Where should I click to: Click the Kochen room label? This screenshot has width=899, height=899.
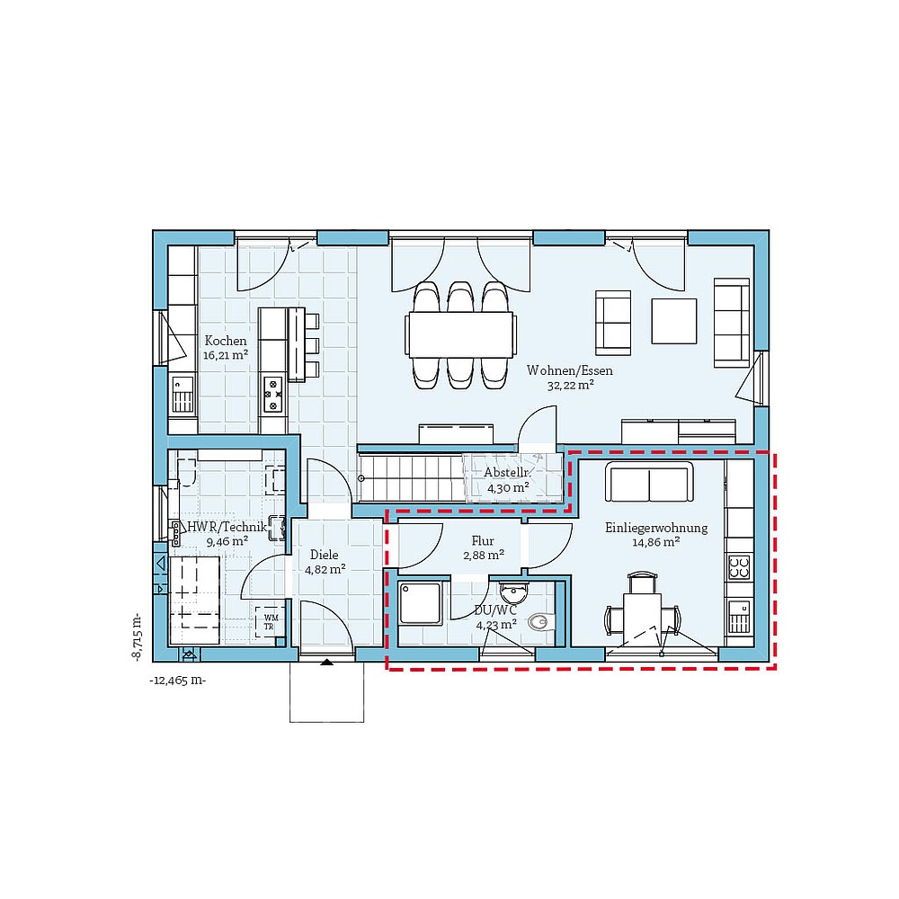coord(225,341)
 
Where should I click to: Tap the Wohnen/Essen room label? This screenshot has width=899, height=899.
coord(571,370)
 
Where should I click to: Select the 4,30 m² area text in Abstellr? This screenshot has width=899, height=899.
coord(508,488)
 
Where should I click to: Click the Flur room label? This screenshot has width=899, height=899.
coord(483,541)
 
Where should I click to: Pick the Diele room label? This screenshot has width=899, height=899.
coord(324,555)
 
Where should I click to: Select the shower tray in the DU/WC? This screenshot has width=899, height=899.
coord(419,602)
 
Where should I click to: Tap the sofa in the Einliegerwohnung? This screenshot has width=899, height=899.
coord(650,483)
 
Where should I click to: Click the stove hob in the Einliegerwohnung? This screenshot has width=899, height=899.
coord(739,567)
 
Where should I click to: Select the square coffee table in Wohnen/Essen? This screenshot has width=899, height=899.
coord(674,321)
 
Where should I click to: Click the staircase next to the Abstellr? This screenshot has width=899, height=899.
coord(411,476)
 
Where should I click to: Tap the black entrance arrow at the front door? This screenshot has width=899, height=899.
coord(326,663)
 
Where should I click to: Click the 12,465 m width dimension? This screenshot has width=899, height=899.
coord(177,681)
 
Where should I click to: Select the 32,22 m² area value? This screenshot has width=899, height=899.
coord(570,385)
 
